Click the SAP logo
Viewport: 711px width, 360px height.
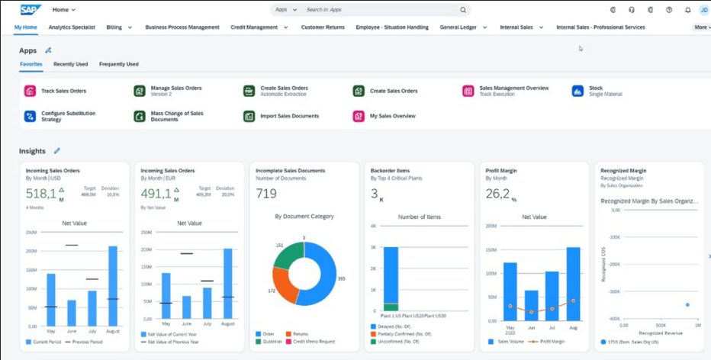click(x=31, y=10)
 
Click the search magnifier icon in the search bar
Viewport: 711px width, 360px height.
click(x=462, y=10)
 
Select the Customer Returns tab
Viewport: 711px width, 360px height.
click(x=323, y=27)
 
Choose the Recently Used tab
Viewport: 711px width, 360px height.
click(x=70, y=64)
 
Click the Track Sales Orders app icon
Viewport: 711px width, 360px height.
click(x=30, y=91)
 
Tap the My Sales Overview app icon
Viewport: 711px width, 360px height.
click(x=358, y=116)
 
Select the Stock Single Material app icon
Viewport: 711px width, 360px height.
click(x=577, y=91)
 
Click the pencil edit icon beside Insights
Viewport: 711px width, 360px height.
click(x=57, y=151)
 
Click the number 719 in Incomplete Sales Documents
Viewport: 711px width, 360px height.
click(x=266, y=194)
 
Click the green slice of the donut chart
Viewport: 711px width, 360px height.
click(x=288, y=256)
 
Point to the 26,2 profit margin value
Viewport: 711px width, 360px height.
click(x=497, y=194)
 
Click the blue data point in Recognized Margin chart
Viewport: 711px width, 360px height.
click(x=687, y=304)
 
